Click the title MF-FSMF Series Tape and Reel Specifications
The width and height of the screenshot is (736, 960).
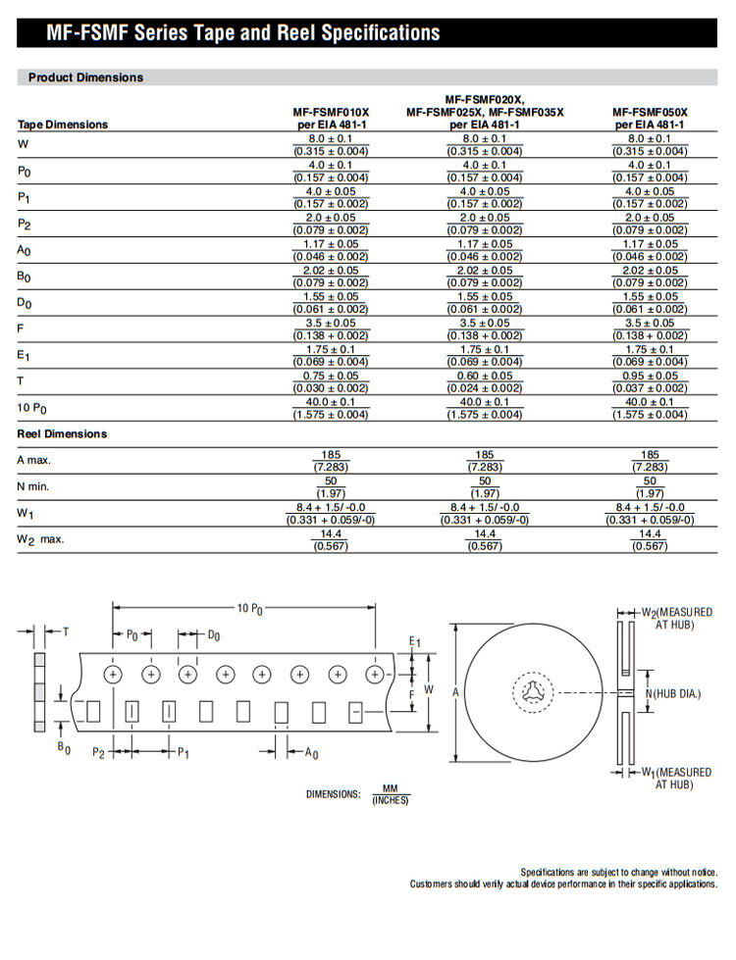(x=243, y=33)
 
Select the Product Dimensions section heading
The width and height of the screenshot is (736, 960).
(x=85, y=76)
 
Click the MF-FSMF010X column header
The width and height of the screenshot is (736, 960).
(x=331, y=119)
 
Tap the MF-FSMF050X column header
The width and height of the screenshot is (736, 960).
(x=650, y=119)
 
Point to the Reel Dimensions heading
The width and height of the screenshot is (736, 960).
(x=62, y=433)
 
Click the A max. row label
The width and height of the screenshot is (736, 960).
(x=35, y=460)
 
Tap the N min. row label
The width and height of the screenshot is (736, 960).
(x=33, y=486)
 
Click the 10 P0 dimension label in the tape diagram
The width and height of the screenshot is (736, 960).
(x=250, y=609)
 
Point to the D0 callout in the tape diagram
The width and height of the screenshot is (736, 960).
(x=214, y=636)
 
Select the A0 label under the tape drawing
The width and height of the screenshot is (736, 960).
(x=311, y=753)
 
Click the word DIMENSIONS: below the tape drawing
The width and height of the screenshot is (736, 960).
(x=334, y=794)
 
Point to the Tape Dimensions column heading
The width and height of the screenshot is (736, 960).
(x=63, y=125)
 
